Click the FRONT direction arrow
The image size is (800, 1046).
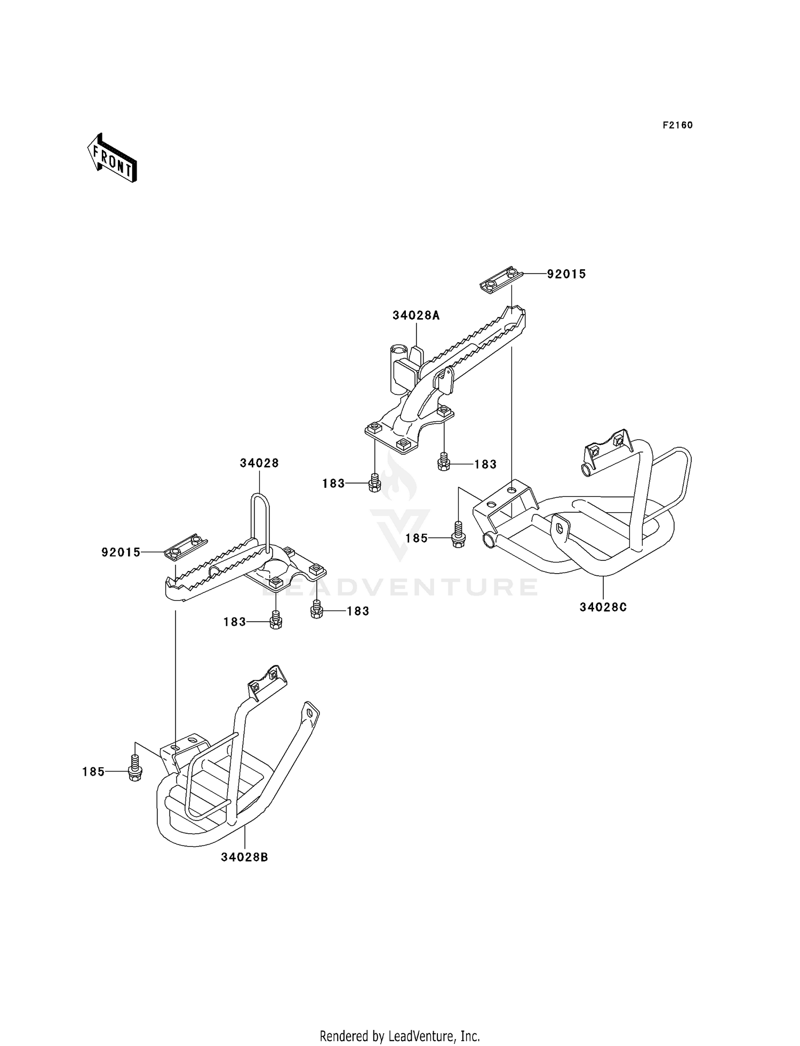pos(113,158)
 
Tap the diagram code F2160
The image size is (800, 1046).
pos(677,125)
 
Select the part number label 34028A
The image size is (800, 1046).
pos(416,316)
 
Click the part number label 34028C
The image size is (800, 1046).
pos(603,607)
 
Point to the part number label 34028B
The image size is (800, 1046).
pos(244,857)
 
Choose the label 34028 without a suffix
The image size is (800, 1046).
pos(259,463)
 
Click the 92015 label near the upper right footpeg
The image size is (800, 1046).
pos(566,274)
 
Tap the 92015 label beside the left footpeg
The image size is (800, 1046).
pos(121,553)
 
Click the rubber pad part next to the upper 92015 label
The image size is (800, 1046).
pos(500,279)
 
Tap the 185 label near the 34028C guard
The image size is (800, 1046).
pos(417,538)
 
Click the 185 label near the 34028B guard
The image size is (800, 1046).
pos(93,772)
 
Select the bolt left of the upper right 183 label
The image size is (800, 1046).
pos(444,462)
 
